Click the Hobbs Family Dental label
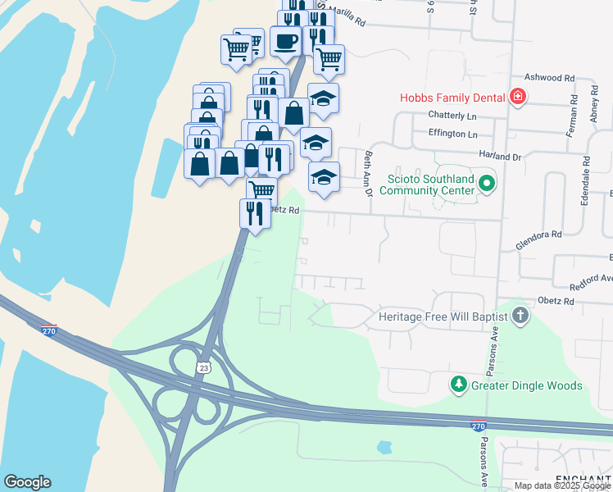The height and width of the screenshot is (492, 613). pos(452,98)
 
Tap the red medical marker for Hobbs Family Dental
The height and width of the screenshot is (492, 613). pos(517,98)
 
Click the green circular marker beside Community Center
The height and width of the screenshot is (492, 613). pos(487,183)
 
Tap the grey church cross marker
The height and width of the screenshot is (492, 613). pos(520,316)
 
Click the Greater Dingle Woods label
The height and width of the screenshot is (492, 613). pos(526,385)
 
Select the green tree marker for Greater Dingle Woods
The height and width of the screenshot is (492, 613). pos(459,384)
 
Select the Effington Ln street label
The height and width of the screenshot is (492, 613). pos(452,134)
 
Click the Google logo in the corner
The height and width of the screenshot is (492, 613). pos(27,482)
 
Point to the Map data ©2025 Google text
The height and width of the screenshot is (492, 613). pos(562,485)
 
